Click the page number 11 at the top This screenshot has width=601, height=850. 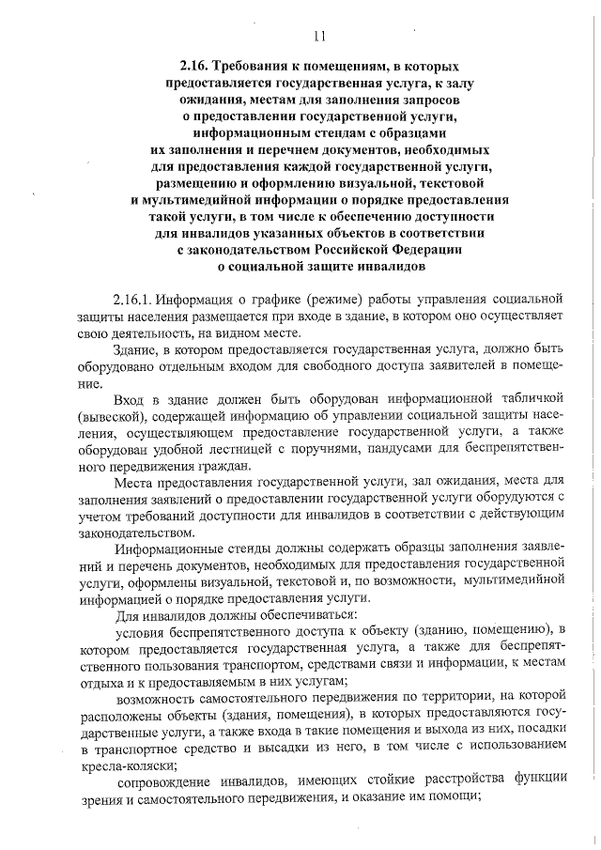[x=318, y=38]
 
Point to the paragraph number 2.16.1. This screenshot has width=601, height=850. [x=131, y=301]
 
